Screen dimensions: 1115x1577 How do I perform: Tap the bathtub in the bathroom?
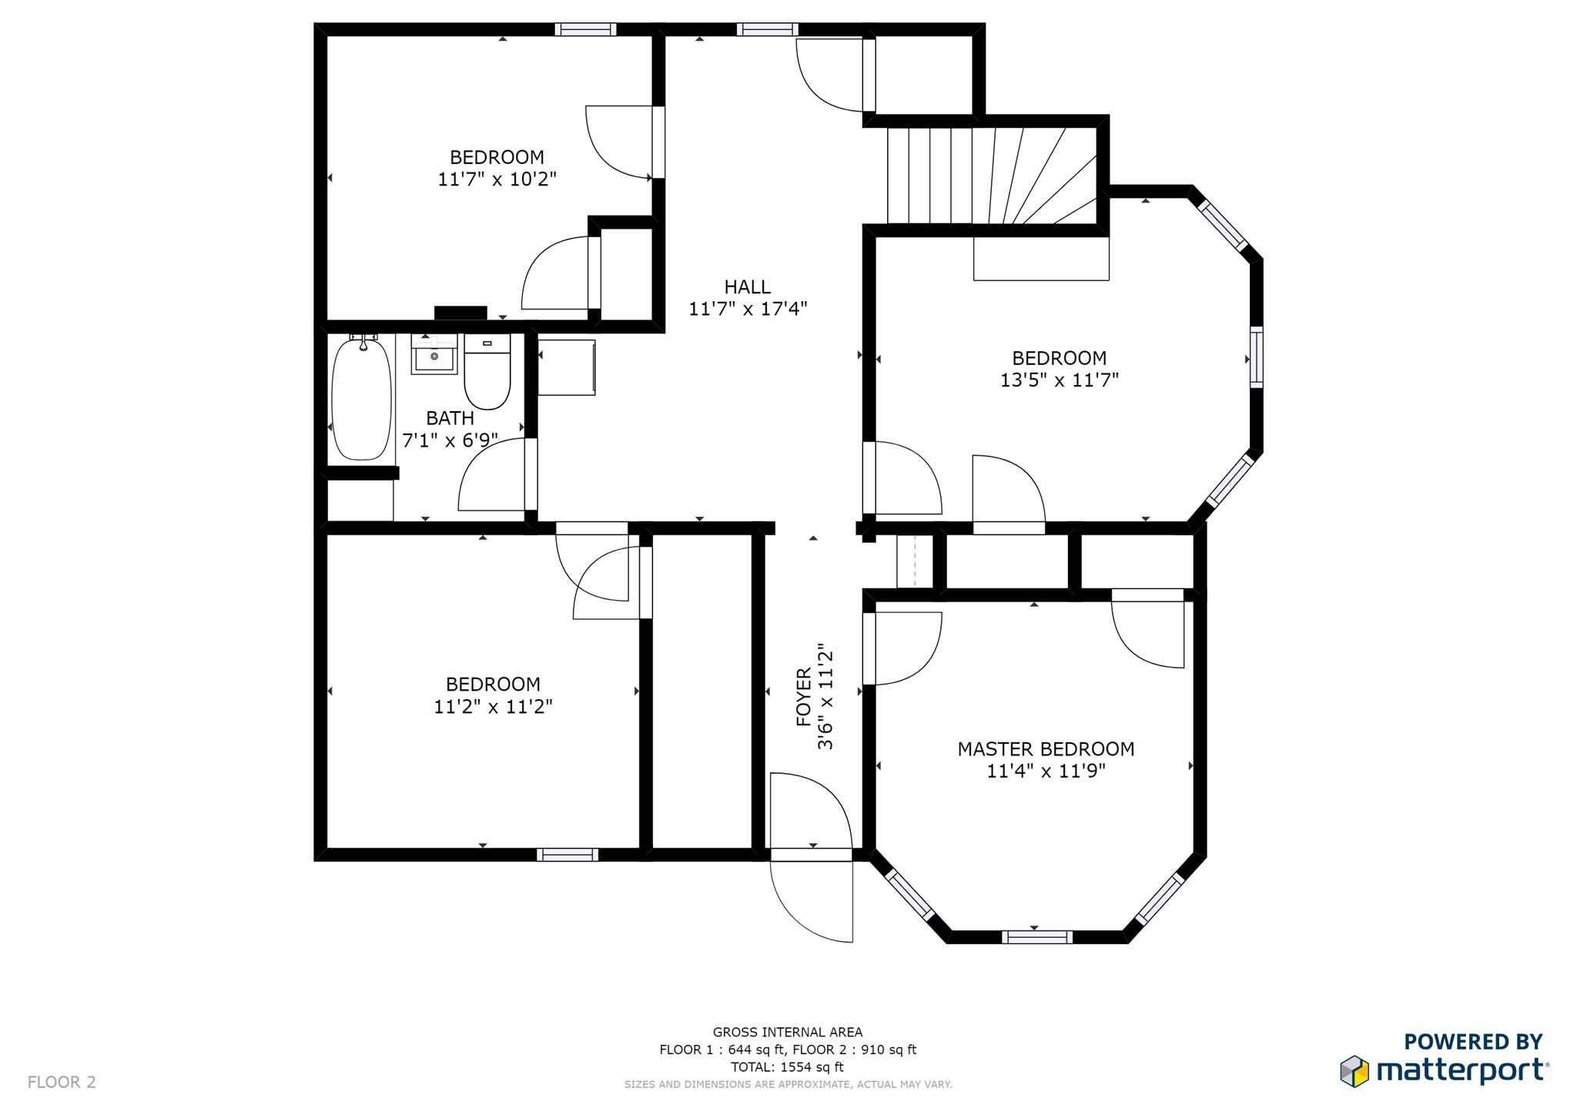[x=361, y=400]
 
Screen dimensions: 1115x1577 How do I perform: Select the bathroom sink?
[x=434, y=355]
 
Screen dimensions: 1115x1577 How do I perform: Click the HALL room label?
[x=747, y=287]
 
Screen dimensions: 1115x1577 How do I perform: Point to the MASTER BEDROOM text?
[x=1046, y=749]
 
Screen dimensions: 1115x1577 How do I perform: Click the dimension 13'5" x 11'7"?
[x=1059, y=380]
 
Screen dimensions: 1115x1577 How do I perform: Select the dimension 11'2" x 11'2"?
[x=493, y=707]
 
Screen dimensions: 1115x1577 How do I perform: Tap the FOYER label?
[x=804, y=697]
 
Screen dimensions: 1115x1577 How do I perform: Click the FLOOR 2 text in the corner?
[x=62, y=1082]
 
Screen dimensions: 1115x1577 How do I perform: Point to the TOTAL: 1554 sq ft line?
[x=787, y=1067]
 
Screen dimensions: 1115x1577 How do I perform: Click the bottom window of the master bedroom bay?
[x=1036, y=937]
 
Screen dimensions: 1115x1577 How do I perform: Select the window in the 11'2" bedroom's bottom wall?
[x=567, y=855]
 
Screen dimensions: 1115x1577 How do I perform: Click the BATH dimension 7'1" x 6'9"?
[x=450, y=441]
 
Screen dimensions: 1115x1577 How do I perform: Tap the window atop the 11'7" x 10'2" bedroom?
[x=585, y=30]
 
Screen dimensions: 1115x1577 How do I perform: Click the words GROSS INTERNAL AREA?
[x=787, y=1033]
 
